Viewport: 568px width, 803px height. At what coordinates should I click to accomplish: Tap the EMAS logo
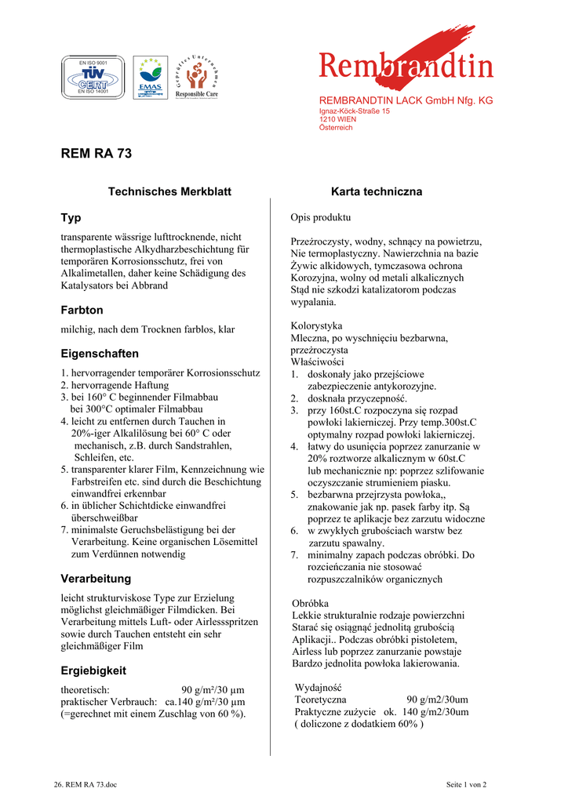[150, 77]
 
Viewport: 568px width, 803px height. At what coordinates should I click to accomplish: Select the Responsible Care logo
[196, 77]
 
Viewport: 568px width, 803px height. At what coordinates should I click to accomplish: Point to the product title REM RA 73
[96, 154]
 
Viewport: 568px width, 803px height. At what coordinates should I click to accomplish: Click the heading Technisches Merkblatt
[169, 191]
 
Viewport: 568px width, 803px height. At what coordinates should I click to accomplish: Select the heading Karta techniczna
[377, 191]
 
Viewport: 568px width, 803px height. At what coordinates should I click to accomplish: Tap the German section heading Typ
[71, 217]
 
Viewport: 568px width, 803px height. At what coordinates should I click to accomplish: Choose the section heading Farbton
[82, 311]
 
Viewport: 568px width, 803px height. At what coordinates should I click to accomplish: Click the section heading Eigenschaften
[100, 354]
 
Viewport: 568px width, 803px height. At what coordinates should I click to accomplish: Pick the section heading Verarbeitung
[96, 579]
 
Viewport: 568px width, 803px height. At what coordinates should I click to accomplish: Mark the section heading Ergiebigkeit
[93, 670]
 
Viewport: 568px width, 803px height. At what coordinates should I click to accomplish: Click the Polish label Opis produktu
[321, 217]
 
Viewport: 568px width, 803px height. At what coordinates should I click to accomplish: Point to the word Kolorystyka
[316, 325]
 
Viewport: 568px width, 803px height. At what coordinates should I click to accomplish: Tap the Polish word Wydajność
[320, 688]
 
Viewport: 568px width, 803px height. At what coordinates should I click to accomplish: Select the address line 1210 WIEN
[338, 119]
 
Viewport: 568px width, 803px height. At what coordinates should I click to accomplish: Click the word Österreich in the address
[336, 128]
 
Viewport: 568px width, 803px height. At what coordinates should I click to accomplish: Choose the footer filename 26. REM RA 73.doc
[86, 784]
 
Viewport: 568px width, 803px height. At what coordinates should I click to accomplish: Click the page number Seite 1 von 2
[466, 784]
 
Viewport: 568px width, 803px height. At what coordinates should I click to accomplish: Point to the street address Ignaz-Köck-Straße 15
[354, 111]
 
